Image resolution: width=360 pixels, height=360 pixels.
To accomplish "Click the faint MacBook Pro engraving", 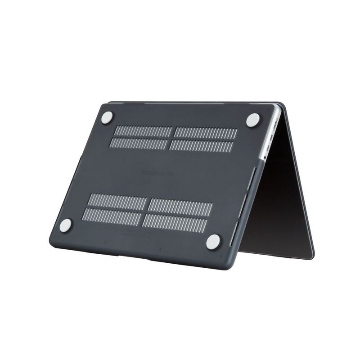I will [156, 172].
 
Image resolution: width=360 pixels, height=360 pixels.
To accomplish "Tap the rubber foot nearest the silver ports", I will [253, 119].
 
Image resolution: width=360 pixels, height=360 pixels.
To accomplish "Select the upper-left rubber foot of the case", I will [107, 117].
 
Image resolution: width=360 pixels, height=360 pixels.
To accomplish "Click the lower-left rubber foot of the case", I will [66, 225].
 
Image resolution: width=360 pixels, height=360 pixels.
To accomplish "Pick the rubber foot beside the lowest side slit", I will [213, 242].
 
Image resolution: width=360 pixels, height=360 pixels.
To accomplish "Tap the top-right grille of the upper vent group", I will [206, 134].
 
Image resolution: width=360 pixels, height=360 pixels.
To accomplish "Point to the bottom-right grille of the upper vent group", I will [202, 146].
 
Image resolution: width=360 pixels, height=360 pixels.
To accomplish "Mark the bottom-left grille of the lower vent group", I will [112, 216].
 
